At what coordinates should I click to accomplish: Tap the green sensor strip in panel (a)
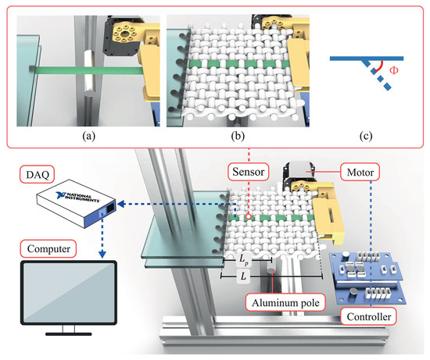click(86, 70)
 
